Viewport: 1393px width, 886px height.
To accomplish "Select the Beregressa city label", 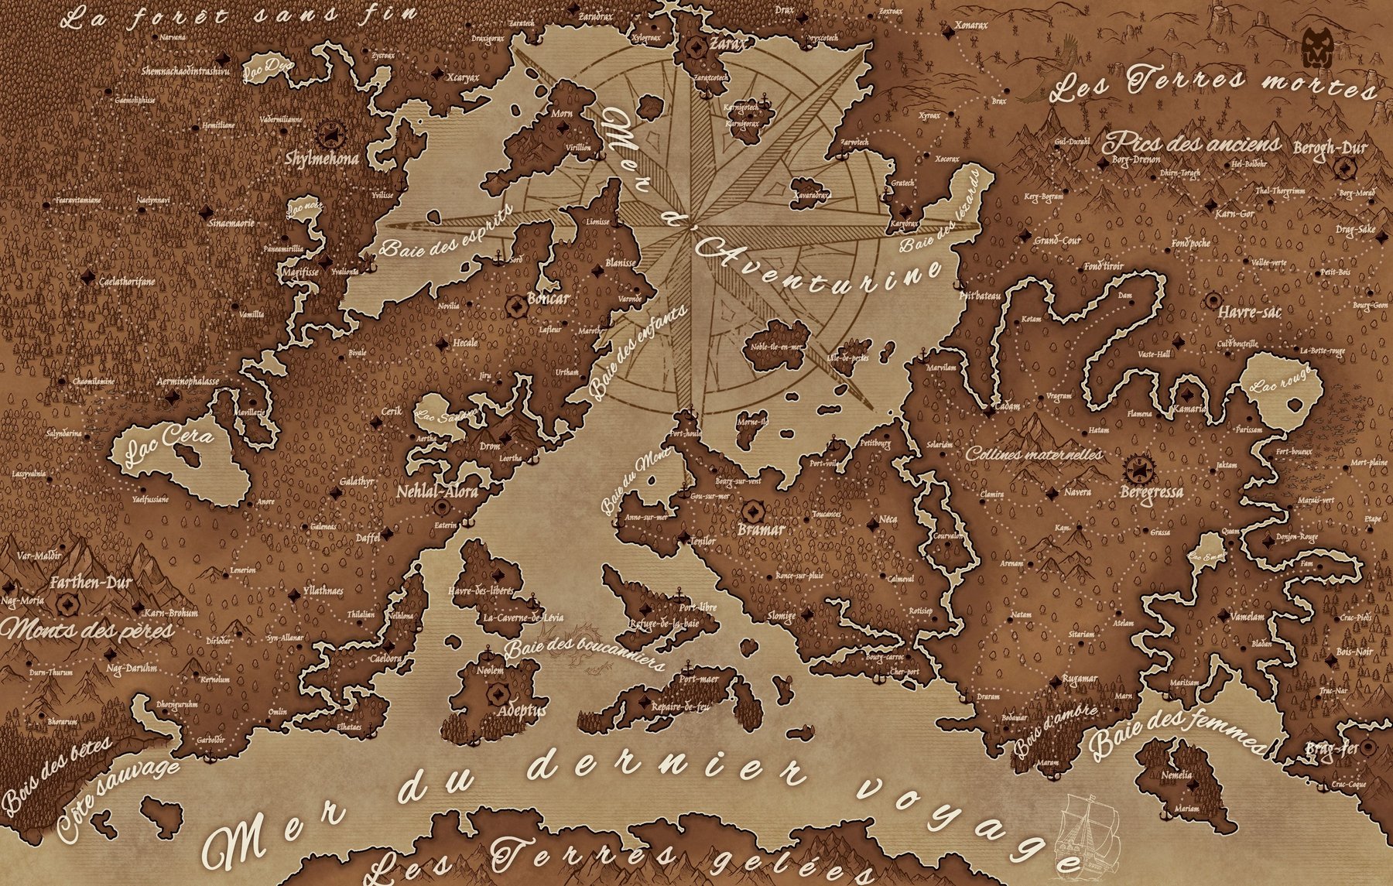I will pos(1152,491).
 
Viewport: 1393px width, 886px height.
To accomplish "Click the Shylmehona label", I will pos(322,159).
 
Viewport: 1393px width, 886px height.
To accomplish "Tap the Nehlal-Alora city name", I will pos(437,491).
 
